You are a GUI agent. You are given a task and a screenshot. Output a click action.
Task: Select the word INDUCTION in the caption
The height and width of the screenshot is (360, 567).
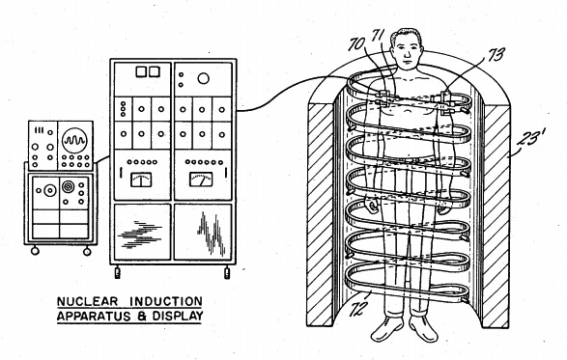(x=165, y=301)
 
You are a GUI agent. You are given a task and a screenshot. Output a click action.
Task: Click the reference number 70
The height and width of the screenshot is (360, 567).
(x=356, y=44)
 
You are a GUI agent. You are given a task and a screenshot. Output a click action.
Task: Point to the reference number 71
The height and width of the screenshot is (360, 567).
(x=378, y=36)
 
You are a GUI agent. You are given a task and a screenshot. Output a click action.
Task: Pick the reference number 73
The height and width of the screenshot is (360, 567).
(x=496, y=54)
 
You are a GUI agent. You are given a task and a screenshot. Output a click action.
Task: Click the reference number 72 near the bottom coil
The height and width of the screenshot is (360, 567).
(x=358, y=309)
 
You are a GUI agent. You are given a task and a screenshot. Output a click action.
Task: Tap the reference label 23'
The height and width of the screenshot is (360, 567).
(x=531, y=138)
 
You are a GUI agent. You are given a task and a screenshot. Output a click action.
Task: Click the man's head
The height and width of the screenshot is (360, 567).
(x=407, y=49)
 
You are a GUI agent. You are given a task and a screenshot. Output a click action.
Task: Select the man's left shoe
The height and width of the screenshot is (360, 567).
(x=423, y=328)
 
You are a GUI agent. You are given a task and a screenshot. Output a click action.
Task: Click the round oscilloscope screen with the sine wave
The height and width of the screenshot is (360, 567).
(x=74, y=140)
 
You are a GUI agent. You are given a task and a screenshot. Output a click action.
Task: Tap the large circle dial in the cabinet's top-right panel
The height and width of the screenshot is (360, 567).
(x=203, y=78)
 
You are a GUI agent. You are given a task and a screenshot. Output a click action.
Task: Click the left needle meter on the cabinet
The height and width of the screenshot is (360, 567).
(x=141, y=180)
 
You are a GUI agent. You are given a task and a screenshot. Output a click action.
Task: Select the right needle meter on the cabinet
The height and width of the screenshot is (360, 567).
(x=201, y=180)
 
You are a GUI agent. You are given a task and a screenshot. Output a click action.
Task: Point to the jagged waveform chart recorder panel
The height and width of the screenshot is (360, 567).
(x=203, y=232)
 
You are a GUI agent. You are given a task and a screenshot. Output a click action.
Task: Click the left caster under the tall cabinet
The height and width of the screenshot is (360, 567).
(x=118, y=272)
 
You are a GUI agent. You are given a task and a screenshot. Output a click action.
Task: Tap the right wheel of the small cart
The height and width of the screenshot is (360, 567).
(x=87, y=251)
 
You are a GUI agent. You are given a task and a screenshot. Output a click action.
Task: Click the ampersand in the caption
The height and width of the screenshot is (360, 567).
(x=142, y=317)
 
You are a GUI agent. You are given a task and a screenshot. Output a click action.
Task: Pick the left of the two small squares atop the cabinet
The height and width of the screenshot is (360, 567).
(x=141, y=72)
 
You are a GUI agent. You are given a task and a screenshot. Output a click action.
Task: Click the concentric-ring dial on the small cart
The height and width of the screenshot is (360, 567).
(x=68, y=187)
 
